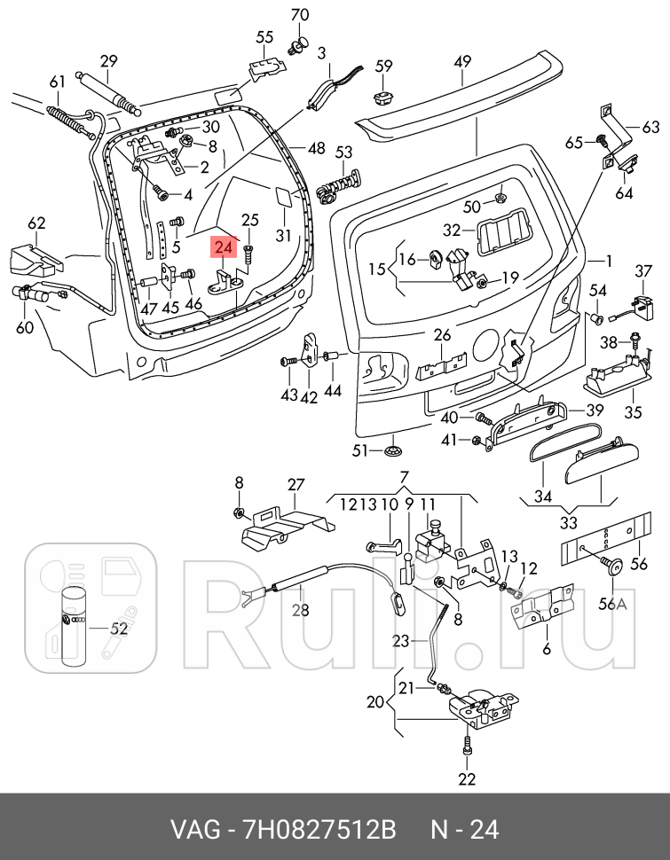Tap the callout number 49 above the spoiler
(x=462, y=62)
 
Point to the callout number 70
(x=300, y=14)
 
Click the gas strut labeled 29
(x=109, y=92)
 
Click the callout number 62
(x=36, y=223)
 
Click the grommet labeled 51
(x=391, y=452)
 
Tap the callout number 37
(x=642, y=270)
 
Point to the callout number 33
(x=568, y=521)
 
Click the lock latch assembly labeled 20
(x=481, y=707)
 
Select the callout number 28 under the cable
(x=300, y=610)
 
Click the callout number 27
(x=295, y=484)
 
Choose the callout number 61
(x=57, y=82)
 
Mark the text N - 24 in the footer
(x=465, y=830)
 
